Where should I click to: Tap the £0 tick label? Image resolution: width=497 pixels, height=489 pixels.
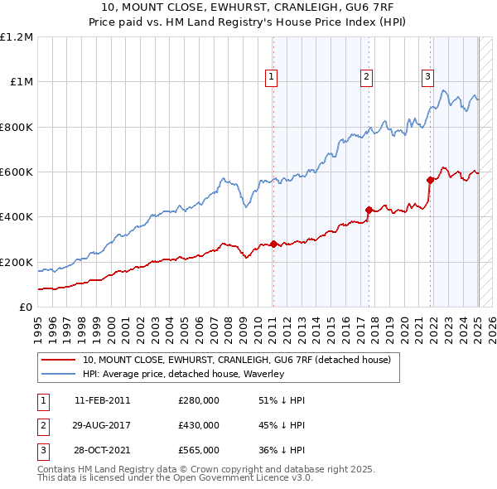coord(27,307)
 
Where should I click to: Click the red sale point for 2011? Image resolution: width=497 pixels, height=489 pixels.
coord(273,244)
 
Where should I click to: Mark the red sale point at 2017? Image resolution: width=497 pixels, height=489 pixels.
coord(369,210)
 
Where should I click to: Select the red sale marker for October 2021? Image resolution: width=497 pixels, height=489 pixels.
coord(430,180)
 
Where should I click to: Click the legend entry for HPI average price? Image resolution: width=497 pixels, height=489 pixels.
coord(183,374)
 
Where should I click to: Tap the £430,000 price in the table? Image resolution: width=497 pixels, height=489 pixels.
coord(199,425)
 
